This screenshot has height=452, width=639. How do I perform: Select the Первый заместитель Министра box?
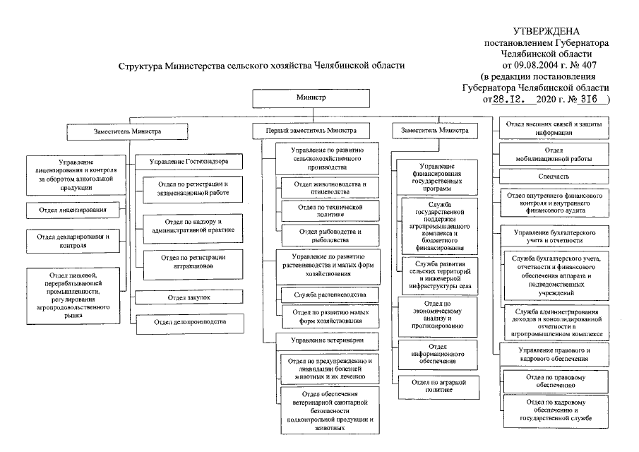click(311, 131)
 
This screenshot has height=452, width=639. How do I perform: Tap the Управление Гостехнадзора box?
click(187, 162)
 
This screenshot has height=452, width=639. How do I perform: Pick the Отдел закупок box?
click(189, 297)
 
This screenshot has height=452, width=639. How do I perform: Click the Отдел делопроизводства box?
click(190, 322)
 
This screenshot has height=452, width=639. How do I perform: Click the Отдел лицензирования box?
click(72, 210)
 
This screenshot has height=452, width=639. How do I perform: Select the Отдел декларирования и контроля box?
click(72, 241)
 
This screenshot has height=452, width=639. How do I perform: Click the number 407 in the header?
click(581, 64)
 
